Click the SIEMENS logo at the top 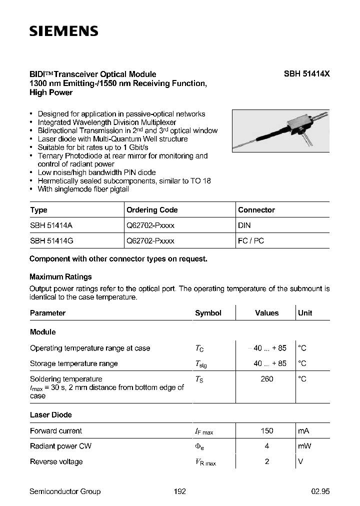coord(63,31)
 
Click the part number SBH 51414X coord(306,74)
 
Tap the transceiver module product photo coord(280,130)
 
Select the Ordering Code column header coord(152,210)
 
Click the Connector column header coord(256,210)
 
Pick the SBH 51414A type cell coord(51,225)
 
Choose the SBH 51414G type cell coord(52,240)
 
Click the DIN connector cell coord(244,225)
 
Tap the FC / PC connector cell coord(251,240)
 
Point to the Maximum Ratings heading coord(60,276)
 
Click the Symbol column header coord(208,313)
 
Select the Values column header coord(266,313)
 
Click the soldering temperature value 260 coord(267,379)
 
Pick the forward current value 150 coord(267,431)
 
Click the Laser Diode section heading coord(50,414)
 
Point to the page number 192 coord(180,491)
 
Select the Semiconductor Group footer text coord(65,491)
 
